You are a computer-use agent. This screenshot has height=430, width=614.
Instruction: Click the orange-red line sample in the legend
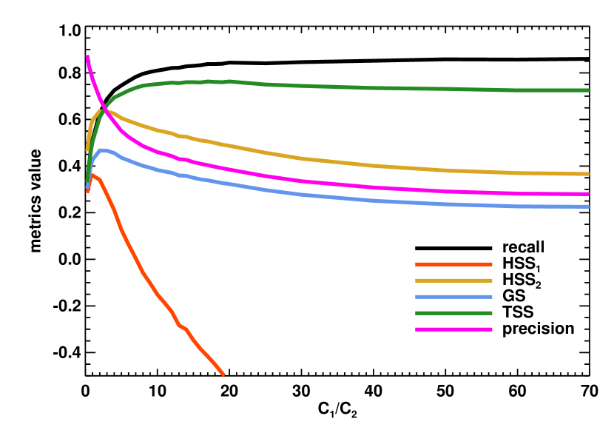coord(453,264)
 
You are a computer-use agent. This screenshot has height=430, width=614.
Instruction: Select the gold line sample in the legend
coord(453,280)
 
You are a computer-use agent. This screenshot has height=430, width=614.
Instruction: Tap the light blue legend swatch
coord(453,297)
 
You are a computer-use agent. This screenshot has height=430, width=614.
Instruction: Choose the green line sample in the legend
coord(453,313)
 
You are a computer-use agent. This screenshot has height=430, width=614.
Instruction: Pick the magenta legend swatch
coord(453,329)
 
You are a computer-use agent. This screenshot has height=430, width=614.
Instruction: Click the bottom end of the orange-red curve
coord(223,375)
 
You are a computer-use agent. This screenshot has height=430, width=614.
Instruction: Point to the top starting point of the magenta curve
coord(87,56)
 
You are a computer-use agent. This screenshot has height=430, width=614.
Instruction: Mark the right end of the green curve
coord(588,90)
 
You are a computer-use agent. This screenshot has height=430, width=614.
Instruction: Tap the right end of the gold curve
coord(588,174)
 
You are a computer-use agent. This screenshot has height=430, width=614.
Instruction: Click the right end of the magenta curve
coord(588,194)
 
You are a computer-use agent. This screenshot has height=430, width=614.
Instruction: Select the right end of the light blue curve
coord(588,206)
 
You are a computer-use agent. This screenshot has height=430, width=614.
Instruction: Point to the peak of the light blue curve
coord(101,150)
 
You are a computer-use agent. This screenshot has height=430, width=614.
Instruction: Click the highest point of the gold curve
coord(101,110)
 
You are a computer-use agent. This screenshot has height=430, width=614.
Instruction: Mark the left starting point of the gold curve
coord(87,150)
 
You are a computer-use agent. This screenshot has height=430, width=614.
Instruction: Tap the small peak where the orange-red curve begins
coord(92,175)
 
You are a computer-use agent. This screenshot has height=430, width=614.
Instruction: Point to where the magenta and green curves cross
coord(106,107)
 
